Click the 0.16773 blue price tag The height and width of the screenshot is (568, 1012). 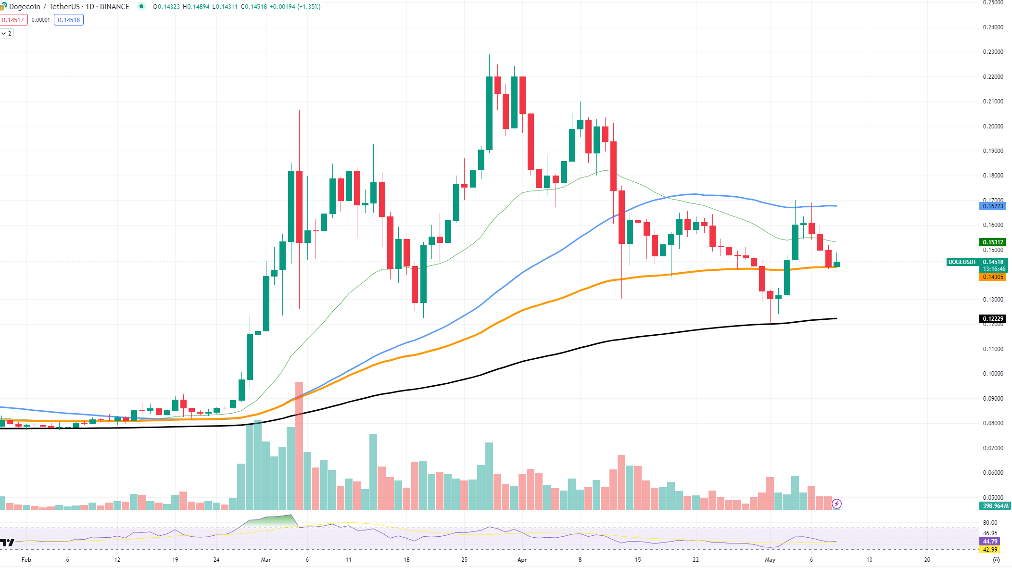pyautogui.click(x=992, y=206)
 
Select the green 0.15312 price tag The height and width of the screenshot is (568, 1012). pyautogui.click(x=992, y=242)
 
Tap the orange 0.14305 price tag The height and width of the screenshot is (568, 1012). pyautogui.click(x=992, y=277)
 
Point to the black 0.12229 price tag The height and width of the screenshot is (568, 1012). pyautogui.click(x=992, y=319)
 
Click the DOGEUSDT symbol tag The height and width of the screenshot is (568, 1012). pyautogui.click(x=962, y=262)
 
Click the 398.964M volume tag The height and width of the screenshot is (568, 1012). pyautogui.click(x=995, y=506)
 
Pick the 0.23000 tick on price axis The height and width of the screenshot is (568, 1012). pyautogui.click(x=993, y=52)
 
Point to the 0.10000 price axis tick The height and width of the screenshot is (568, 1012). pyautogui.click(x=993, y=374)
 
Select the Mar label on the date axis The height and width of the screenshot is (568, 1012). pyautogui.click(x=266, y=560)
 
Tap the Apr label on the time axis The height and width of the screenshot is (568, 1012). pyautogui.click(x=522, y=560)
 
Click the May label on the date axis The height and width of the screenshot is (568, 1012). pyautogui.click(x=770, y=560)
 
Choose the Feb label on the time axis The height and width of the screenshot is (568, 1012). pyautogui.click(x=26, y=560)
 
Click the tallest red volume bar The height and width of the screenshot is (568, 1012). pyautogui.click(x=299, y=445)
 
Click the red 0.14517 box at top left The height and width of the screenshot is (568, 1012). pyautogui.click(x=13, y=20)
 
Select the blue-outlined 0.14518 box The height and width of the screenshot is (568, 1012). pyautogui.click(x=69, y=20)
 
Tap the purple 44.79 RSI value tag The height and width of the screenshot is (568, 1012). pyautogui.click(x=990, y=542)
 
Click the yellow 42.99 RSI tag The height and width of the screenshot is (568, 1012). pyautogui.click(x=990, y=549)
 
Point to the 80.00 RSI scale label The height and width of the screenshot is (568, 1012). pyautogui.click(x=990, y=523)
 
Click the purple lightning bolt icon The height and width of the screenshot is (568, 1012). pyautogui.click(x=837, y=504)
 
